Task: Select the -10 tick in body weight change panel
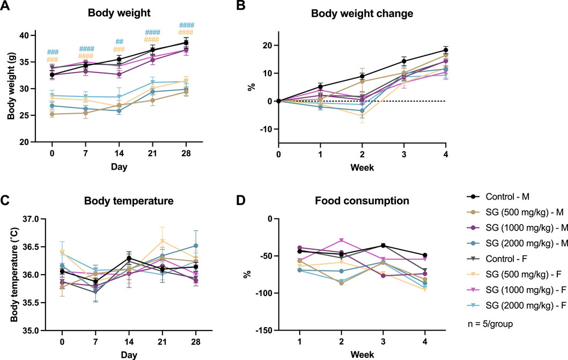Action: [266, 129]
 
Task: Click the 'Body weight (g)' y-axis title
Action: [11, 89]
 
